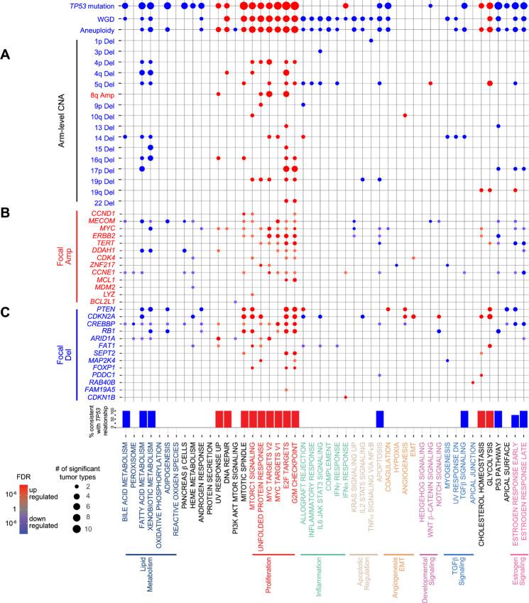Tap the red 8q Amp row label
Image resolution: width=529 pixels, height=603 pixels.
click(100, 94)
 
